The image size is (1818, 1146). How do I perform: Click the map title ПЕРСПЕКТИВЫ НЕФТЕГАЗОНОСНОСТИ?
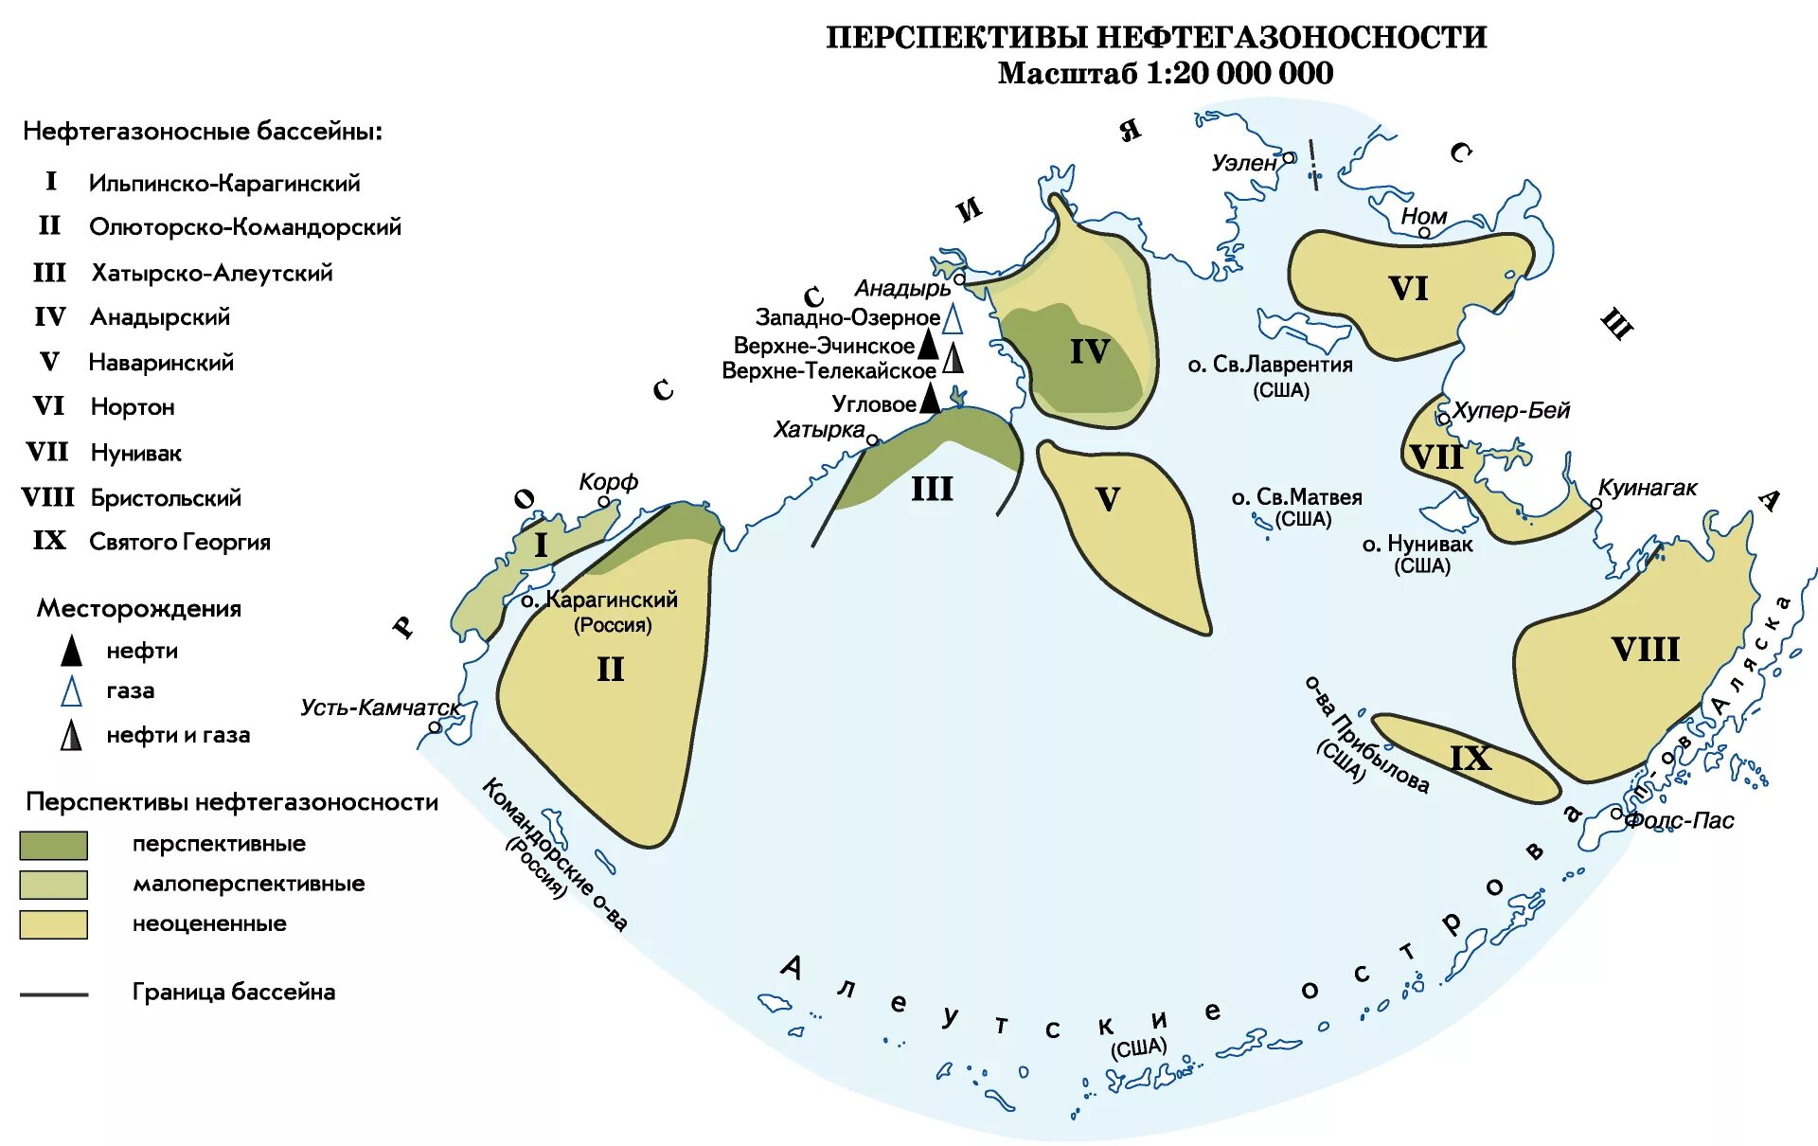pos(1156,37)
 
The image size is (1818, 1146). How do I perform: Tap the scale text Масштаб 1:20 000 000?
pos(1166,74)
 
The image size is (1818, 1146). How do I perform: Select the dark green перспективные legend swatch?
pos(54,845)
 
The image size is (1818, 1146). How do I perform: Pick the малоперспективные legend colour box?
pos(54,885)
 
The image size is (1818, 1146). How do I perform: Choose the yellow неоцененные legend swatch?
pos(54,924)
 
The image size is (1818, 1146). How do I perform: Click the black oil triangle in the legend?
pos(71,652)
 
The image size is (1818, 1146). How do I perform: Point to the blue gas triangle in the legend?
pos(71,692)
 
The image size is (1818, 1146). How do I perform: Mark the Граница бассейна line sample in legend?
pos(54,994)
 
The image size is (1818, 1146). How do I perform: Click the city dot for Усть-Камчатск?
pos(435,727)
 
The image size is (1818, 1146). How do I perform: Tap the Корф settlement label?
pos(608,482)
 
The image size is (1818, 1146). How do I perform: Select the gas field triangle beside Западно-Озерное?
pos(953,319)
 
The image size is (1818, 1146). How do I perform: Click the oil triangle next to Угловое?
pos(931,399)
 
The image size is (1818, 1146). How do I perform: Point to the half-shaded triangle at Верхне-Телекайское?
pos(954,359)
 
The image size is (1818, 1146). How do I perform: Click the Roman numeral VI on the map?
pos(1408,289)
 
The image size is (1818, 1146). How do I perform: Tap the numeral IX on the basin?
pos(1470,758)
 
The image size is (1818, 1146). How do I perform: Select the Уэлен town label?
pos(1244,163)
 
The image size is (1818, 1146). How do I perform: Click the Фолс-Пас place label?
pos(1679,820)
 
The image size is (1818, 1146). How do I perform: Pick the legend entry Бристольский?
pos(166,498)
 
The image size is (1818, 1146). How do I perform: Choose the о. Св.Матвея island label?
pos(1296,497)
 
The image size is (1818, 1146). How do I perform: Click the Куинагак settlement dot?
pos(1595,504)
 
